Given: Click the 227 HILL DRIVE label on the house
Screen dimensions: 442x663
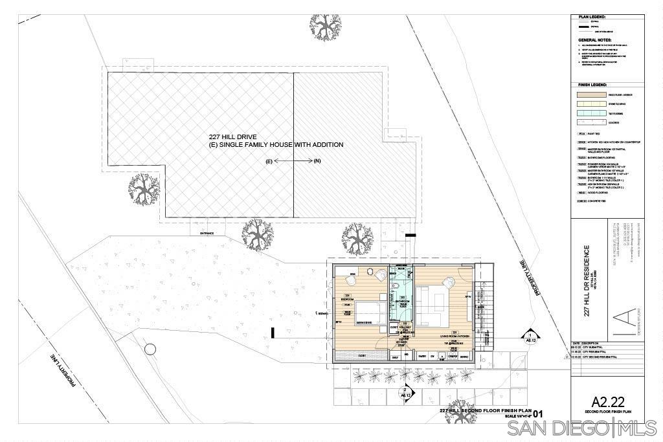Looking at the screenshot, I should (x=232, y=137).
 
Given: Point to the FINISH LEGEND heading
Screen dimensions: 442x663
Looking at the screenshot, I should (x=592, y=85).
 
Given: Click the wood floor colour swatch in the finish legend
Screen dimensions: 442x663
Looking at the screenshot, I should (x=589, y=95).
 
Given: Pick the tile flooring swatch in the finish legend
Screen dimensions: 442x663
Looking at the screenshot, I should (x=589, y=113).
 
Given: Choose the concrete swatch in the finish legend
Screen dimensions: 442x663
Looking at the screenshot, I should (x=589, y=122).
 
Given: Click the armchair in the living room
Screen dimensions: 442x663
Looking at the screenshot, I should (x=447, y=282).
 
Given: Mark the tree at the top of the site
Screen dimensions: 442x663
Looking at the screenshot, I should (x=325, y=26).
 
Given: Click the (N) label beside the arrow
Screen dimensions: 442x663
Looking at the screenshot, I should (x=317, y=160).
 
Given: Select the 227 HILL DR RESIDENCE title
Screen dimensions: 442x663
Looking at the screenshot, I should (x=587, y=280).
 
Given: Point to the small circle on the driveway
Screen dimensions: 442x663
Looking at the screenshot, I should (x=150, y=349).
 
